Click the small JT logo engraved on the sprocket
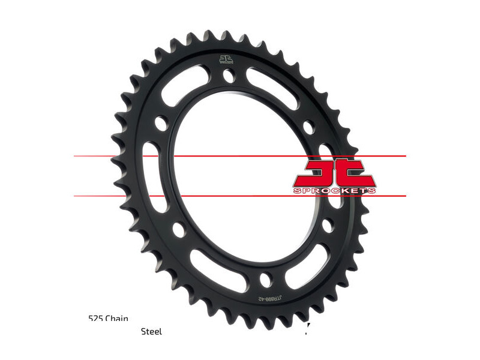click(x=225, y=59)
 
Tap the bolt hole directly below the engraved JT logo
click(x=228, y=76)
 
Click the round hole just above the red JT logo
click(x=308, y=127)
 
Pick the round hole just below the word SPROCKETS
click(x=326, y=225)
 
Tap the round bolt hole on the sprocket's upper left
click(x=160, y=122)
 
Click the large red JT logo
click(x=334, y=173)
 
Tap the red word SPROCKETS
click(x=335, y=191)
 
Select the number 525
click(x=94, y=319)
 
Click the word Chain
click(x=116, y=319)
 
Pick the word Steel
click(x=151, y=331)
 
